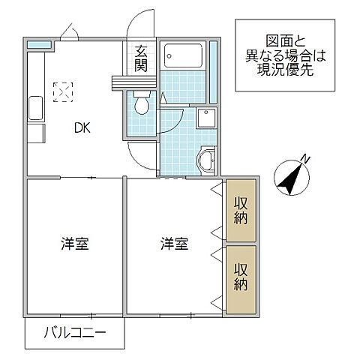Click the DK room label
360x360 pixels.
click(82, 127)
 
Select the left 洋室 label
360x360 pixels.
click(75, 244)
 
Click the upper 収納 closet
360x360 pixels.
click(241, 210)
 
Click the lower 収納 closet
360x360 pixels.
click(241, 277)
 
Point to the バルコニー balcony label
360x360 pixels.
click(74, 332)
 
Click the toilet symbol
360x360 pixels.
click(139, 106)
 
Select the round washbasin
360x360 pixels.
click(205, 159)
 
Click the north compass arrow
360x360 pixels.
click(289, 177)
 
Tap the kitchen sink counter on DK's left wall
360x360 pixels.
click(34, 112)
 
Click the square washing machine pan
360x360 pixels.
click(205, 118)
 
